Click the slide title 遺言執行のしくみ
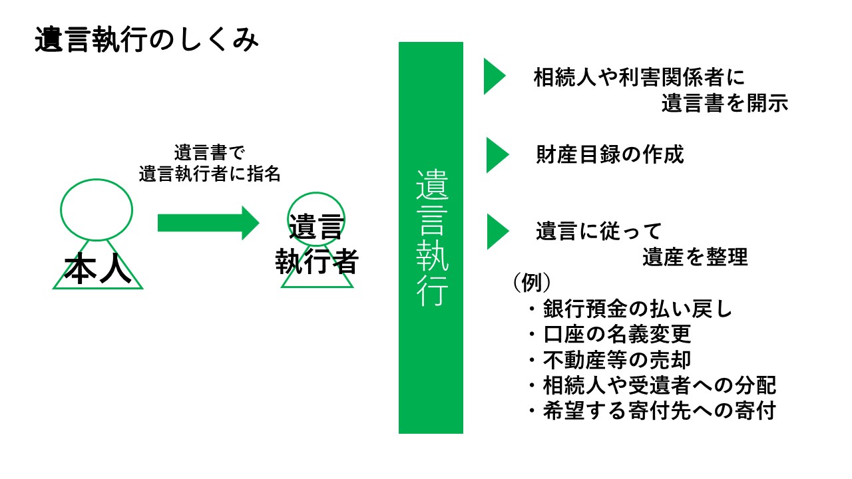pyautogui.click(x=146, y=41)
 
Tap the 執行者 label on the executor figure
pyautogui.click(x=317, y=262)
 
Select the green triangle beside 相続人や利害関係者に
pyautogui.click(x=494, y=77)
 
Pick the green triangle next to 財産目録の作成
pyautogui.click(x=497, y=155)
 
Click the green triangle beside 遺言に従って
pyautogui.click(x=497, y=232)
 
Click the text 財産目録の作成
pyautogui.click(x=610, y=155)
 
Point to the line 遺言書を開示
pyautogui.click(x=725, y=104)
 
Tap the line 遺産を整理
pyautogui.click(x=695, y=257)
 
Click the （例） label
pyautogui.click(x=531, y=283)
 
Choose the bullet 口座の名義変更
pyautogui.click(x=616, y=335)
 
